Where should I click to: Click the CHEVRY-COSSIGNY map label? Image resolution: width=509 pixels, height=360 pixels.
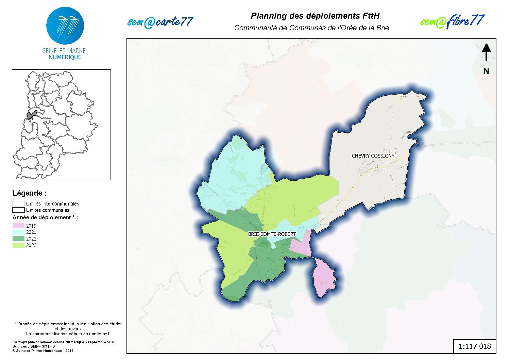373,156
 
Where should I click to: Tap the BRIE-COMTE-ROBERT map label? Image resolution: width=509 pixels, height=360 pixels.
272,234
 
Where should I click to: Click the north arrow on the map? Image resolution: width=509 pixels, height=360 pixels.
486,52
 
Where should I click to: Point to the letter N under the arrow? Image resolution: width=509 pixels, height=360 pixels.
486,71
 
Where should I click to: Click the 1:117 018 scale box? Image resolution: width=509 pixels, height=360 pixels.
475,346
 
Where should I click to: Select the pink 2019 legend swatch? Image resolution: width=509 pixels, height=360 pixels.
18,226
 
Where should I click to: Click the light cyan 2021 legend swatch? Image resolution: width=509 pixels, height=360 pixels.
18,232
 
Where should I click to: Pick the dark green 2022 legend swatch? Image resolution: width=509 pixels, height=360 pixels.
18,239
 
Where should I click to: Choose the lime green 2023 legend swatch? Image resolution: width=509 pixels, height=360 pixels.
18,245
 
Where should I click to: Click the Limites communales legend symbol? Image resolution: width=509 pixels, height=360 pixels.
18,210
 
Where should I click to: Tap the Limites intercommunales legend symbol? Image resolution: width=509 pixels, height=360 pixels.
18,204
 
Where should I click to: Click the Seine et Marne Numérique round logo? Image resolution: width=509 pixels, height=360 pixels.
65,26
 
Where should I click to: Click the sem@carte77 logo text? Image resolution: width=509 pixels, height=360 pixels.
160,22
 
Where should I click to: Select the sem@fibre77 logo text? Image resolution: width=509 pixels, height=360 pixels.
452,21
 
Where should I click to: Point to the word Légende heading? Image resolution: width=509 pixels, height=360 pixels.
29,193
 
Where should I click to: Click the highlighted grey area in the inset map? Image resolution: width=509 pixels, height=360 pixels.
32,115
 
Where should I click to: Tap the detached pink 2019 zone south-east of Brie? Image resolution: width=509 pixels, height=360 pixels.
324,277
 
